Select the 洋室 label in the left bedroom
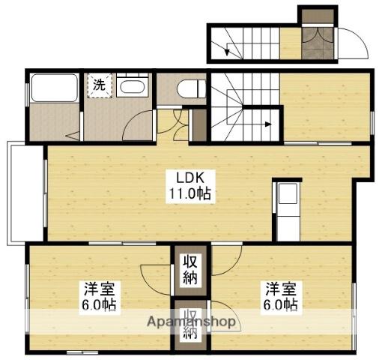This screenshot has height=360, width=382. pos(96,288)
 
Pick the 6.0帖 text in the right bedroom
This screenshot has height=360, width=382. pos(281,305)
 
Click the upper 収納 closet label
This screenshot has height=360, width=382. pos(190,270)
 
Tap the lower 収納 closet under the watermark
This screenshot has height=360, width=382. pos(190,323)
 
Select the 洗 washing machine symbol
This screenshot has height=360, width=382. pos(99,85)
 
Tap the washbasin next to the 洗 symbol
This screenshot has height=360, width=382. pos(134,86)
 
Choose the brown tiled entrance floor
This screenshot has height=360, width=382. pos(315,45)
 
